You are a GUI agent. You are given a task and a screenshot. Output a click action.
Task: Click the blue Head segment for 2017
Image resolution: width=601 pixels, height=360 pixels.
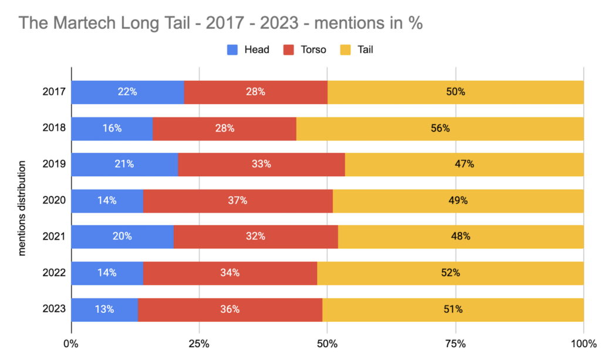point(127,92)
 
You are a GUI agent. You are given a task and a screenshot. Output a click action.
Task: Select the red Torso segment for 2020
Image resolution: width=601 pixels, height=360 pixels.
point(238,201)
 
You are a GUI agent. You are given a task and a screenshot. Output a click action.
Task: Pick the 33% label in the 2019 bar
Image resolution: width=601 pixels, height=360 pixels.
point(261,164)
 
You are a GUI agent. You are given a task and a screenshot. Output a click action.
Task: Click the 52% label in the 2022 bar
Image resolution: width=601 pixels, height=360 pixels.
point(451,273)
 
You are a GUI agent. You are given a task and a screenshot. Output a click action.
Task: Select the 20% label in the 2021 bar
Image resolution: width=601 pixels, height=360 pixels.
point(122,237)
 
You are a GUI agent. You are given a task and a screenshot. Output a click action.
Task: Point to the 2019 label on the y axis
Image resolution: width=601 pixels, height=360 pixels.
point(53,164)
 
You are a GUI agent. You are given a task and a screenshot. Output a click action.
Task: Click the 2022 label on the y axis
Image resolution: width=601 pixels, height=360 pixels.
point(53,273)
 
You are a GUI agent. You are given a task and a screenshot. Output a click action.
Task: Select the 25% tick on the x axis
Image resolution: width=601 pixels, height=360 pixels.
point(199,343)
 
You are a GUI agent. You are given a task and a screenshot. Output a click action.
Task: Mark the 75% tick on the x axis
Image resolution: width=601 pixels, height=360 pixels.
point(455,343)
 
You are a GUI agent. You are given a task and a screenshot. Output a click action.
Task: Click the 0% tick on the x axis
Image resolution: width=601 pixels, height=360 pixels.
point(71,343)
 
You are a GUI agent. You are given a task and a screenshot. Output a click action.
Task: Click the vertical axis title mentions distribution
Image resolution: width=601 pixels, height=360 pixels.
point(22,201)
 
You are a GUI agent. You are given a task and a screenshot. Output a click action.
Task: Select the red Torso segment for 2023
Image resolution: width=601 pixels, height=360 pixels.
point(230,309)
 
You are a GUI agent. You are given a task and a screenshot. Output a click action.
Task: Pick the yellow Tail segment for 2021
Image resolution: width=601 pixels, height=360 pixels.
point(461,237)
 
